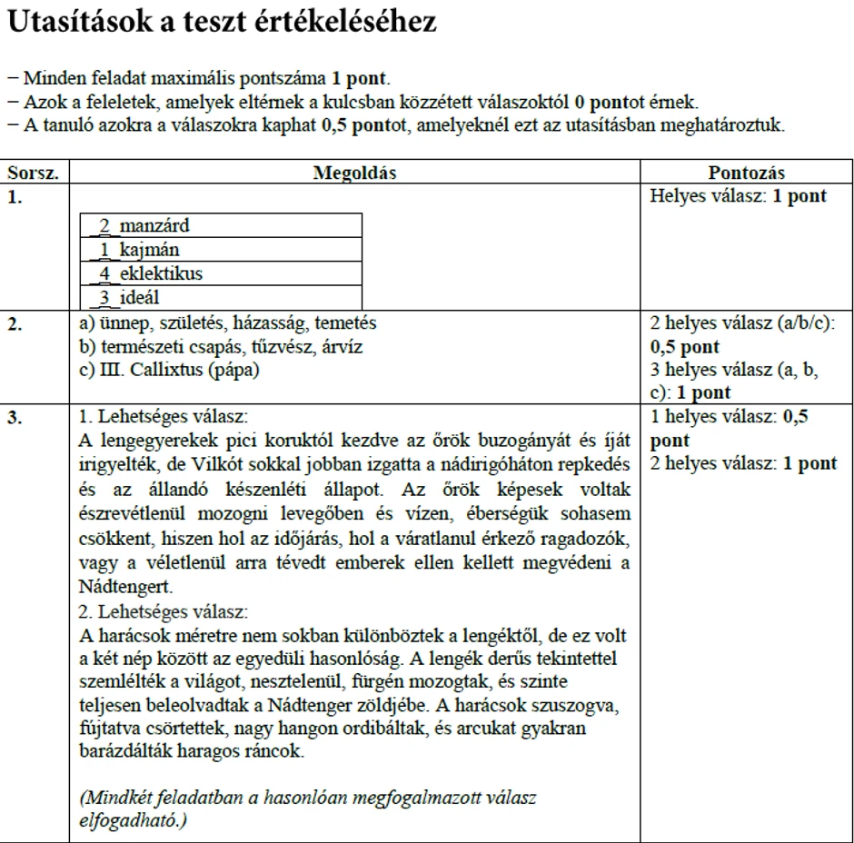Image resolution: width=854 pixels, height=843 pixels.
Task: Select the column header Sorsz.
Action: [x=33, y=173]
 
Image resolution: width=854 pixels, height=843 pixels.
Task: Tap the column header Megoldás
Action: [x=354, y=173]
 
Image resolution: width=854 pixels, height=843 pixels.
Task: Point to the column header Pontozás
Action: [x=746, y=173]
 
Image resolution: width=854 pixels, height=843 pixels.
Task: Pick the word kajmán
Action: [x=149, y=249]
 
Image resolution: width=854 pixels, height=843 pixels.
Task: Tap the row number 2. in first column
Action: [x=15, y=322]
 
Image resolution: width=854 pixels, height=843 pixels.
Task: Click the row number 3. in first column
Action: [x=15, y=417]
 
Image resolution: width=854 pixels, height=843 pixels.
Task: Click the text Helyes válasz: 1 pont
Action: [x=739, y=196]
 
